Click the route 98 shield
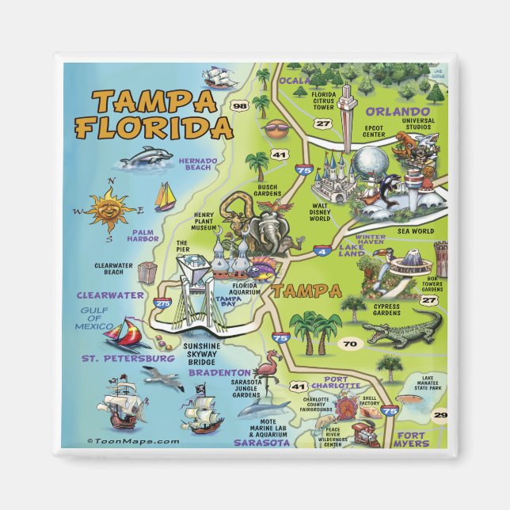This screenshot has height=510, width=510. click(x=239, y=105)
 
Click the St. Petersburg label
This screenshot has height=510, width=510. click(x=128, y=359)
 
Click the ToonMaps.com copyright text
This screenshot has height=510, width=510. click(x=133, y=442)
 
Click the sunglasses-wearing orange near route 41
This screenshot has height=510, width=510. click(x=274, y=129)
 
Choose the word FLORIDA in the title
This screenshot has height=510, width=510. click(x=154, y=127)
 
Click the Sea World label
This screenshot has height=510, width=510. click(x=421, y=230)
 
